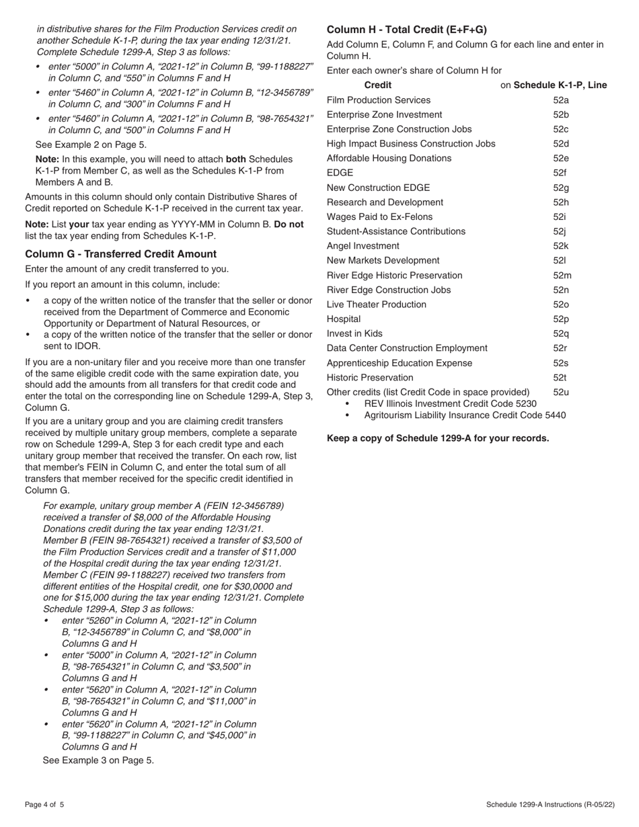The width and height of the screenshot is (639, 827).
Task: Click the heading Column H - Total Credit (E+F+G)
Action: pos(406,30)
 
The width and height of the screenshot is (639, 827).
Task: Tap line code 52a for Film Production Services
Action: pos(561,100)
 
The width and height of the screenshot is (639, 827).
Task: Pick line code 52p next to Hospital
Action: pos(561,319)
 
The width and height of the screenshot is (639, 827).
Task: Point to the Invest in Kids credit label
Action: pos(354,333)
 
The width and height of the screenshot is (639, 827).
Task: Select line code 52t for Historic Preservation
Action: pos(560,377)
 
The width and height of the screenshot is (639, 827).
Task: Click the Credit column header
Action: pos(377,85)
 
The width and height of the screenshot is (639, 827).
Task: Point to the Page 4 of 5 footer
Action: pos(45,805)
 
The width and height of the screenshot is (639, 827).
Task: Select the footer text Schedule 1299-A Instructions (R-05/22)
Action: pos(551,805)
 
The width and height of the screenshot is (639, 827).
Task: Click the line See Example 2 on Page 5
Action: pos(90,144)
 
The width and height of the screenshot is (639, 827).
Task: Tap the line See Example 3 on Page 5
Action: pos(98,760)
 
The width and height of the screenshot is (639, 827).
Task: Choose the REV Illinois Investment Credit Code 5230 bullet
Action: pos(450,403)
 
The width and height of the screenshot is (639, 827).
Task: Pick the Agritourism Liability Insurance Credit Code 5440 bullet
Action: pos(465,416)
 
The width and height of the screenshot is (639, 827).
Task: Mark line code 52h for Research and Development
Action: pos(561,202)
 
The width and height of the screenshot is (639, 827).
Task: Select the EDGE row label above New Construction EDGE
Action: pos(340,173)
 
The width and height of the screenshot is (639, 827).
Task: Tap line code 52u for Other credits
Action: pos(561,392)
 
